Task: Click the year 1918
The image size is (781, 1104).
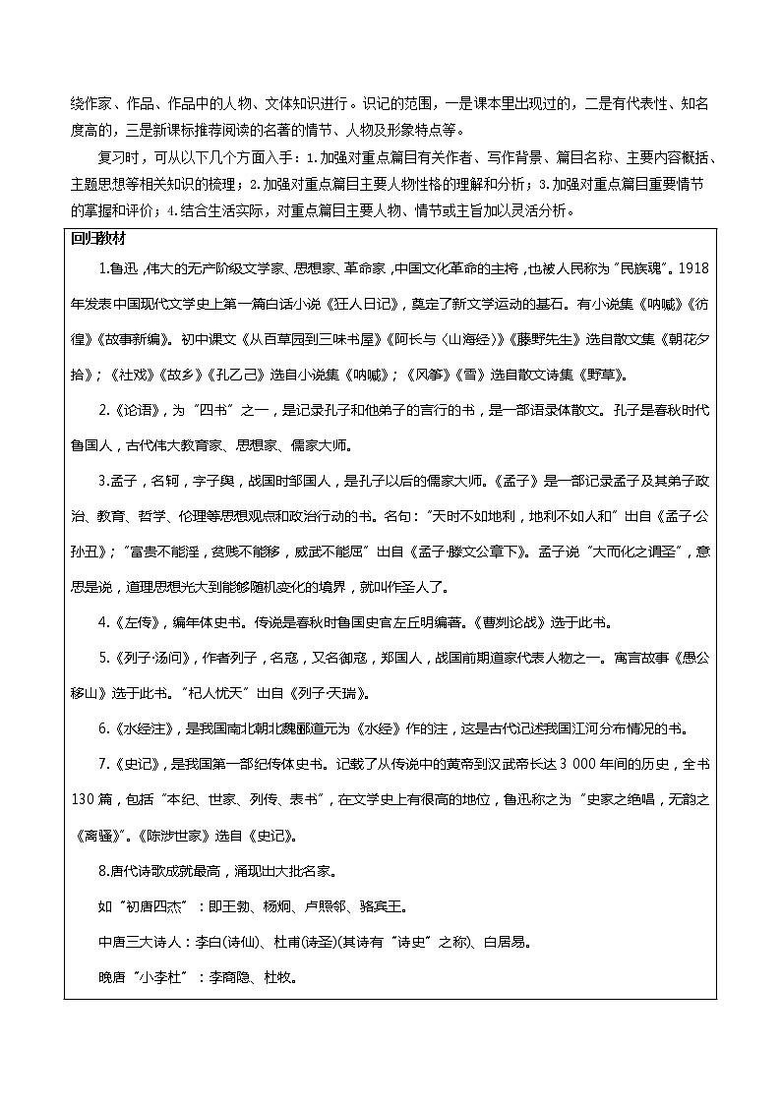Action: (x=692, y=266)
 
